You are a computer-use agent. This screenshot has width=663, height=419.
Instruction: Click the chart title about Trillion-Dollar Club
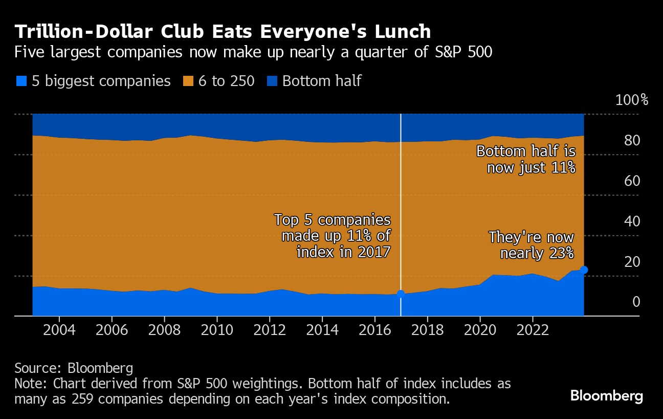223,32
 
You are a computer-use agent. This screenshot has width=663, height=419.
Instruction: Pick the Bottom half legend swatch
271,81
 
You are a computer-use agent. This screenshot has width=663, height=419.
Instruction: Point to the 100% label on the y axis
631,100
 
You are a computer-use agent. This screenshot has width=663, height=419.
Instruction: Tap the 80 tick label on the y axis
633,140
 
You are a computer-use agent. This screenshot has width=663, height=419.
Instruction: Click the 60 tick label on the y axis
633,181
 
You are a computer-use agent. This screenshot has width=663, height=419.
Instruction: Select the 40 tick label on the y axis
633,221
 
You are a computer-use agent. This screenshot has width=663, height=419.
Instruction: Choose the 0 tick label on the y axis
636,302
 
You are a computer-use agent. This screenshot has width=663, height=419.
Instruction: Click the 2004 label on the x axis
59,329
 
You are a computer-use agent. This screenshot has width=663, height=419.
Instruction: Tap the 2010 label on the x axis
217,329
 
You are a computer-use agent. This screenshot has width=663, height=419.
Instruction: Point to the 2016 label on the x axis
374,329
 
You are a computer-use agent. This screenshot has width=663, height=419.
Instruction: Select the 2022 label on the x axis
532,329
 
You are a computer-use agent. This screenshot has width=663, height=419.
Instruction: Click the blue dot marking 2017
401,294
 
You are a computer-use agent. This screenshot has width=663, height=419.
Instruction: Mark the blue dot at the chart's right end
584,270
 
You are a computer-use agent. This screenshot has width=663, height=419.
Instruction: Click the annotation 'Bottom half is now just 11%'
526,159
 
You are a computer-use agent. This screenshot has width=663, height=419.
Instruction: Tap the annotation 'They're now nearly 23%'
531,245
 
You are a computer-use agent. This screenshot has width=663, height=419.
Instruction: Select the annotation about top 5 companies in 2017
333,236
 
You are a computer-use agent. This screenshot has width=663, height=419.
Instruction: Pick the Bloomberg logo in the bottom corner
606,395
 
